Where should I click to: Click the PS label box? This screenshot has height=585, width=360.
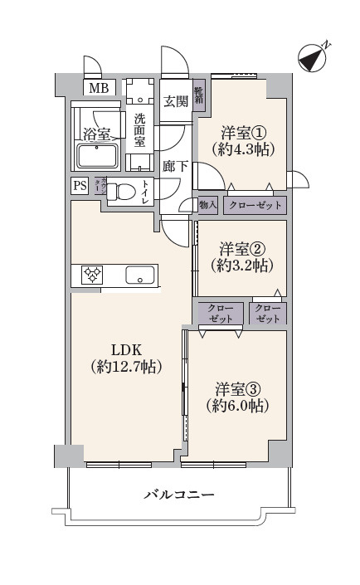point(80,187)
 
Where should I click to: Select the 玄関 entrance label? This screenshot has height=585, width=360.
point(174,101)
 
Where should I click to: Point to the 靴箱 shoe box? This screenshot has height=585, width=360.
point(199,97)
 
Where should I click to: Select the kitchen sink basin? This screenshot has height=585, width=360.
point(140,275)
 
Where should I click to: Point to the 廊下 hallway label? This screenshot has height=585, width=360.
point(174,165)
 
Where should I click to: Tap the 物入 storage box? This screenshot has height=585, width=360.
point(207,205)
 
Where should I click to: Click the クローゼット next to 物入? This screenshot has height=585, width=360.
point(255,205)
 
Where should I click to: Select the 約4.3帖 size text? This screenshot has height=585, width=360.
point(242,150)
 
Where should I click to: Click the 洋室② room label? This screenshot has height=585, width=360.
point(241,248)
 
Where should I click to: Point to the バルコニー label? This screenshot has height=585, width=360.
point(179,495)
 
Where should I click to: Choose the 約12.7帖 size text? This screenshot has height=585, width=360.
point(126,366)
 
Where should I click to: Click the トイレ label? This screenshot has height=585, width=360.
point(145,193)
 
